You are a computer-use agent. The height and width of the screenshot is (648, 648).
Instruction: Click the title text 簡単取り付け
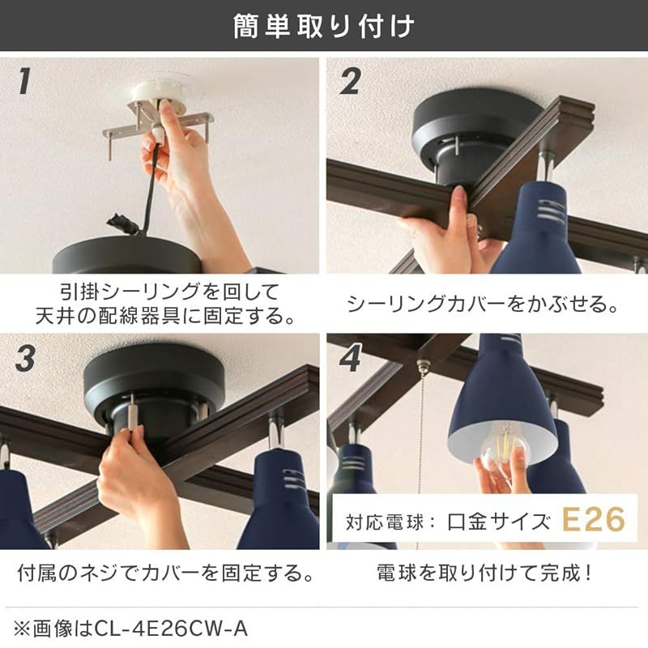coord(323,26)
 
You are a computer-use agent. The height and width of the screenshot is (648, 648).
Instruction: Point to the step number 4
coord(350,360)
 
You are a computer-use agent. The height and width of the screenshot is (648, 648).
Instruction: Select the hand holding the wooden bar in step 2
coord(454,231)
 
